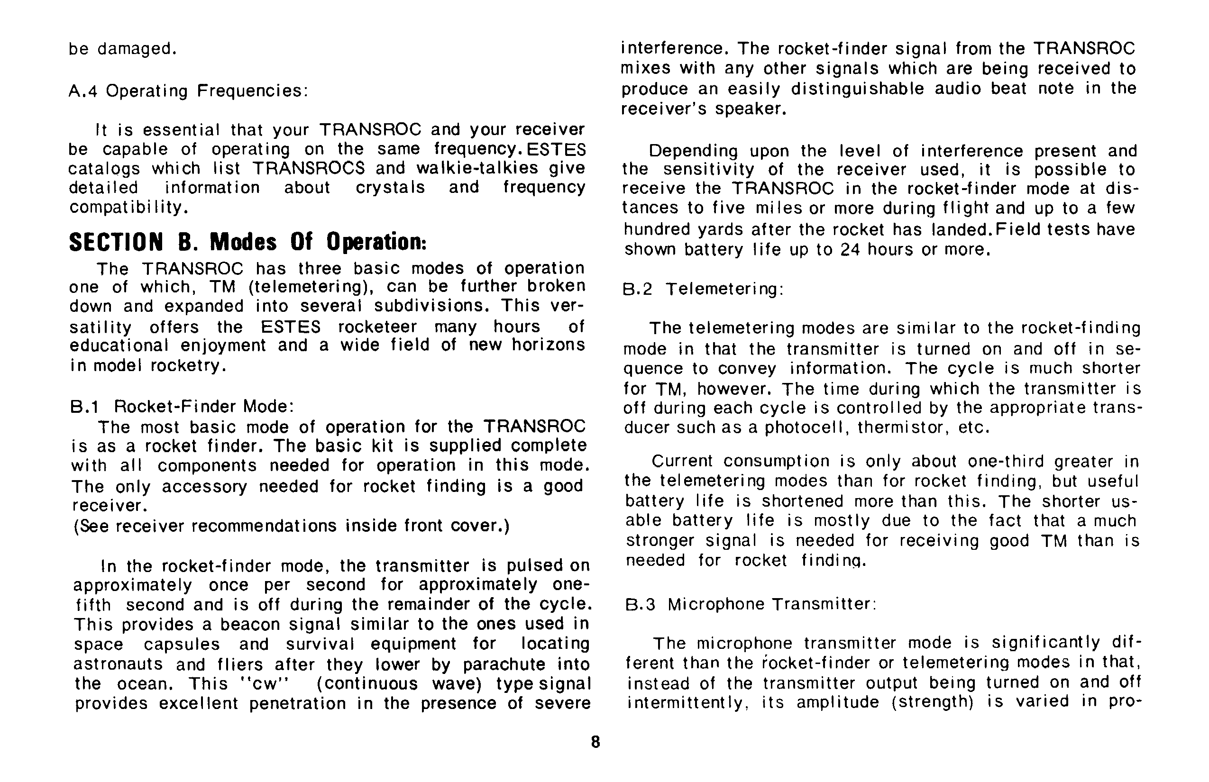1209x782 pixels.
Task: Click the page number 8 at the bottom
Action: (x=595, y=742)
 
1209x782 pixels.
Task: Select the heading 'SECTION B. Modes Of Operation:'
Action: (x=247, y=242)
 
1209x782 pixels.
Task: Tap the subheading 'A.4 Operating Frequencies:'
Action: (x=188, y=91)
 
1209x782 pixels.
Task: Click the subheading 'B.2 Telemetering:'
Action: (x=703, y=290)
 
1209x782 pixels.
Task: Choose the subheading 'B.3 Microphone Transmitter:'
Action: (x=751, y=604)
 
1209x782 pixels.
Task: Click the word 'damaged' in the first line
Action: (x=137, y=49)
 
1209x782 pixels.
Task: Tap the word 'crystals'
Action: (x=390, y=187)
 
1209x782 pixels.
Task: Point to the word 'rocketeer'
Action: (x=377, y=326)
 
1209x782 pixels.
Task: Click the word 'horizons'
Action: (x=548, y=346)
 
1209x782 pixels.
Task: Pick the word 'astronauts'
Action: (x=119, y=664)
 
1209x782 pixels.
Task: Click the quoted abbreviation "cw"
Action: (x=263, y=683)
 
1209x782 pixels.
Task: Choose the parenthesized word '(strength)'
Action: (x=932, y=702)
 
